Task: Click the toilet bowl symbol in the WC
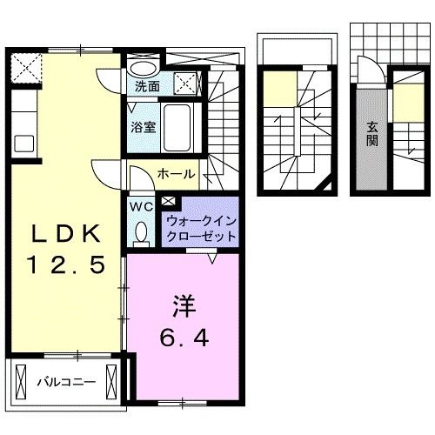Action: (x=141, y=231)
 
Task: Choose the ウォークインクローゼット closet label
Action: (x=199, y=229)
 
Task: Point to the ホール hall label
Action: (x=176, y=175)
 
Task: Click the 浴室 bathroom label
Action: (x=143, y=126)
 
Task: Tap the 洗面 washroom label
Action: (x=147, y=86)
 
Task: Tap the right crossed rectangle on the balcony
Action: (x=110, y=379)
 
